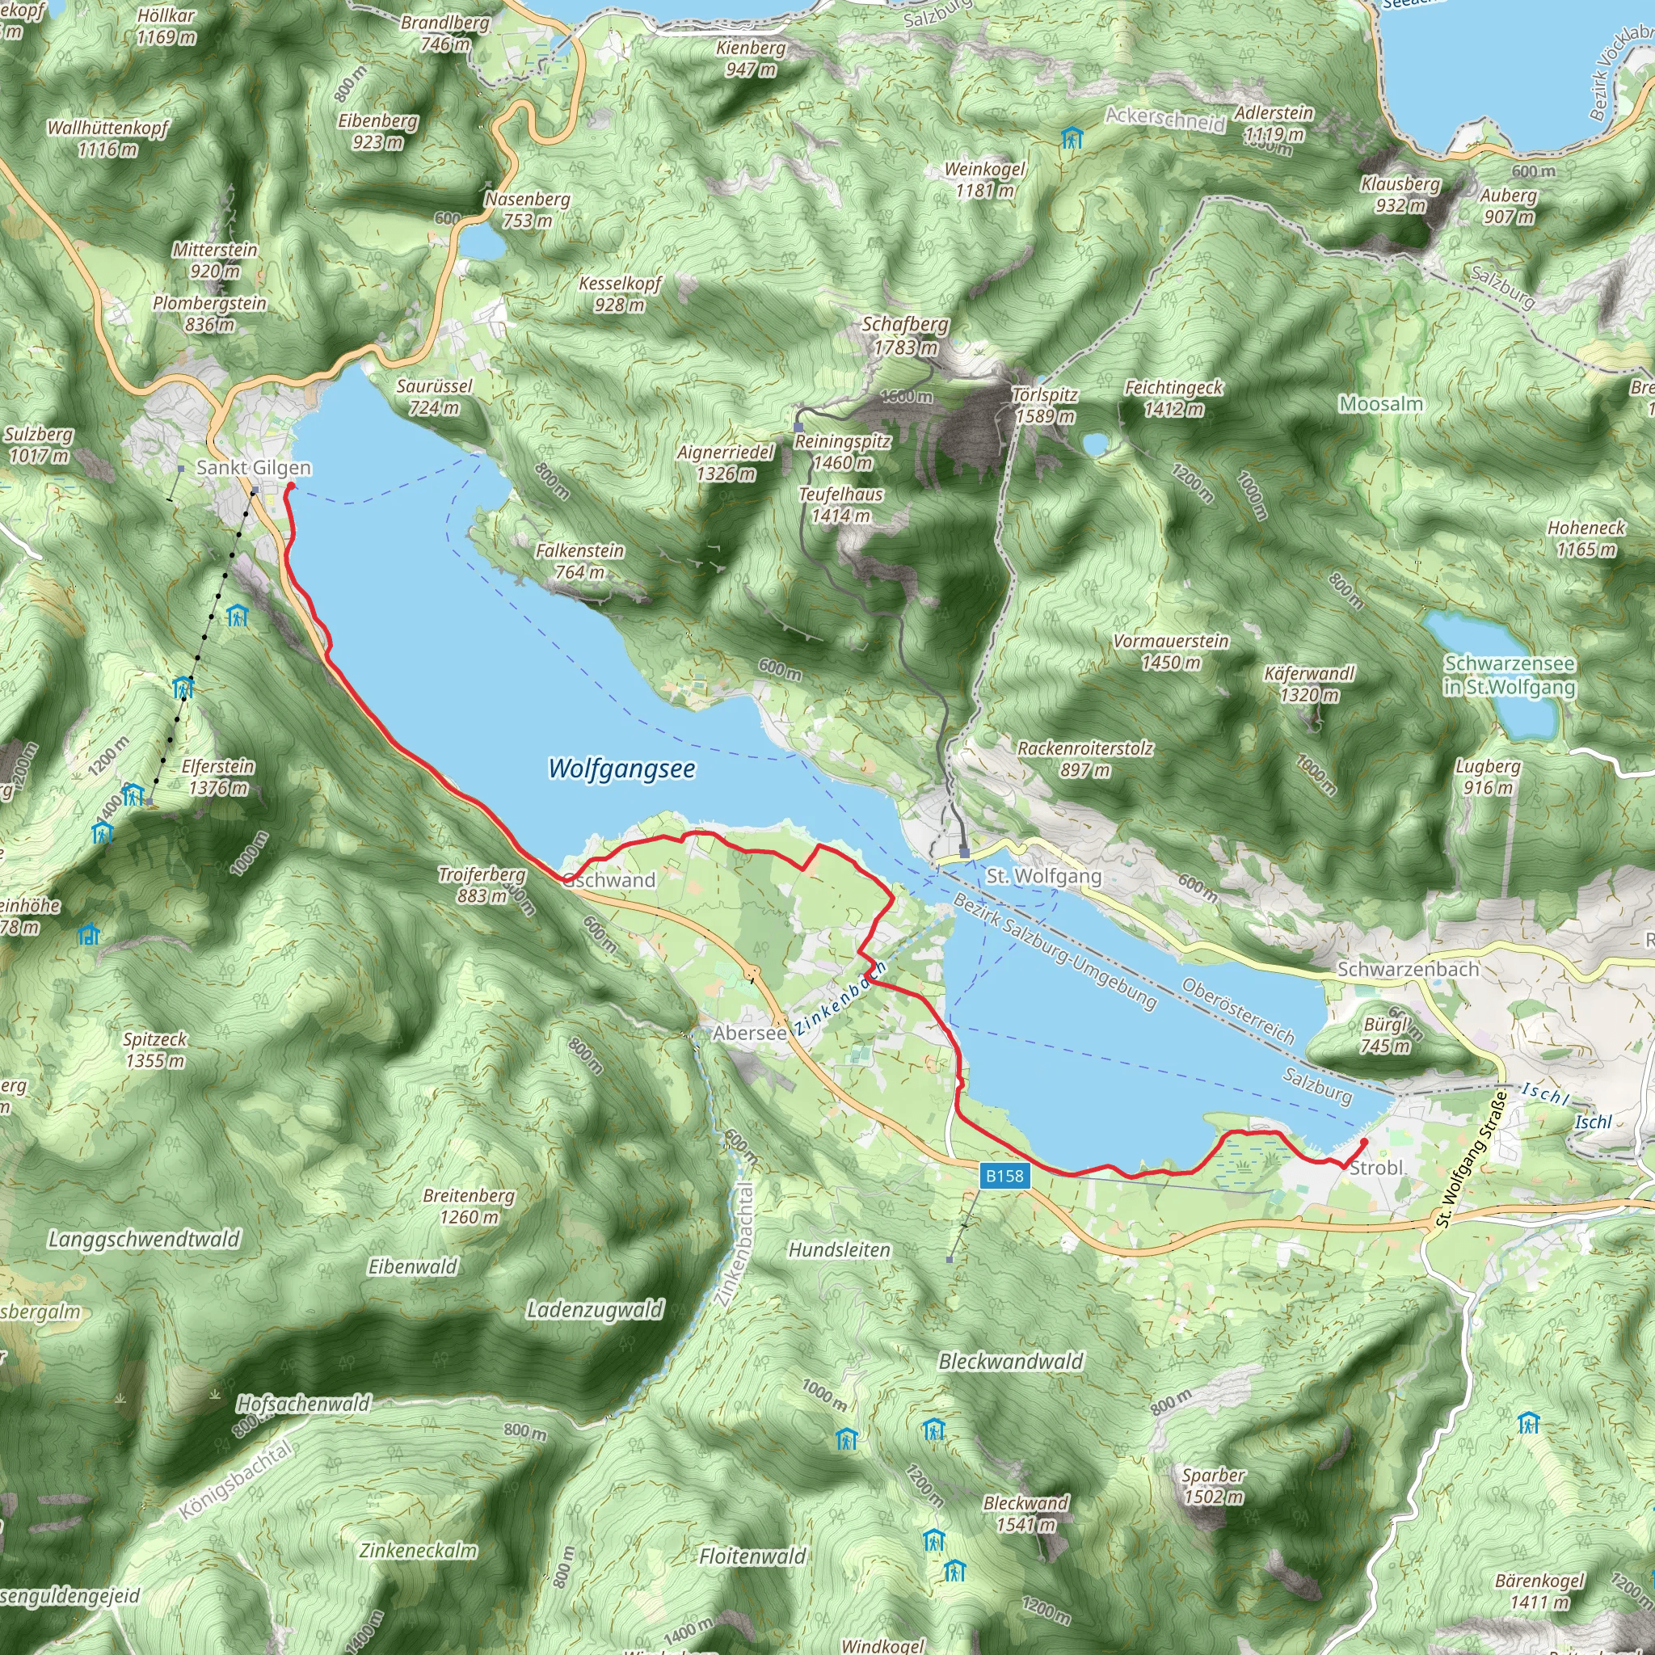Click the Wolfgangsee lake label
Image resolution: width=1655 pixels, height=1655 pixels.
pos(621,769)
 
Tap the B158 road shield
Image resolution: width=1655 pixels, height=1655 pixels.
pos(1004,1175)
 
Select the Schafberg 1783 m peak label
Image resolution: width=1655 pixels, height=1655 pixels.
pos(905,336)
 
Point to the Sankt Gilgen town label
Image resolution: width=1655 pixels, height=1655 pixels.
pos(254,468)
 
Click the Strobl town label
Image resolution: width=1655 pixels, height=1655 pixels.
pos(1375,1168)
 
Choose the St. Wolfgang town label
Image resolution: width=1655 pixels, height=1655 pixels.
pos(1043,875)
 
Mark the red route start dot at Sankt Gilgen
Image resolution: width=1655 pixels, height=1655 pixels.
pos(289,486)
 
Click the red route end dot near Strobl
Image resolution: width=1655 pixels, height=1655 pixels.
pos(1364,1142)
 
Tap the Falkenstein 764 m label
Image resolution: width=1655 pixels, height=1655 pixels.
pos(580,561)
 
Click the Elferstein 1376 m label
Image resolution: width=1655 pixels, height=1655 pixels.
pos(217,777)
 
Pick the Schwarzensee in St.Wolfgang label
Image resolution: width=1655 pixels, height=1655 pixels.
pos(1510,675)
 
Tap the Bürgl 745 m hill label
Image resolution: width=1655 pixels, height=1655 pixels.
pos(1386,1035)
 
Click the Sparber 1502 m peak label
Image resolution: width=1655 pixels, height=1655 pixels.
pos(1213,1485)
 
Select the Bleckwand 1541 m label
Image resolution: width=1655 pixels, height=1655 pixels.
pos(1025,1514)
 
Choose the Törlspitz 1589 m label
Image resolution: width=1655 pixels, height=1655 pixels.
pos(1044,405)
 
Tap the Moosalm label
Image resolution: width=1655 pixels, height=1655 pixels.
pos(1381,403)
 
